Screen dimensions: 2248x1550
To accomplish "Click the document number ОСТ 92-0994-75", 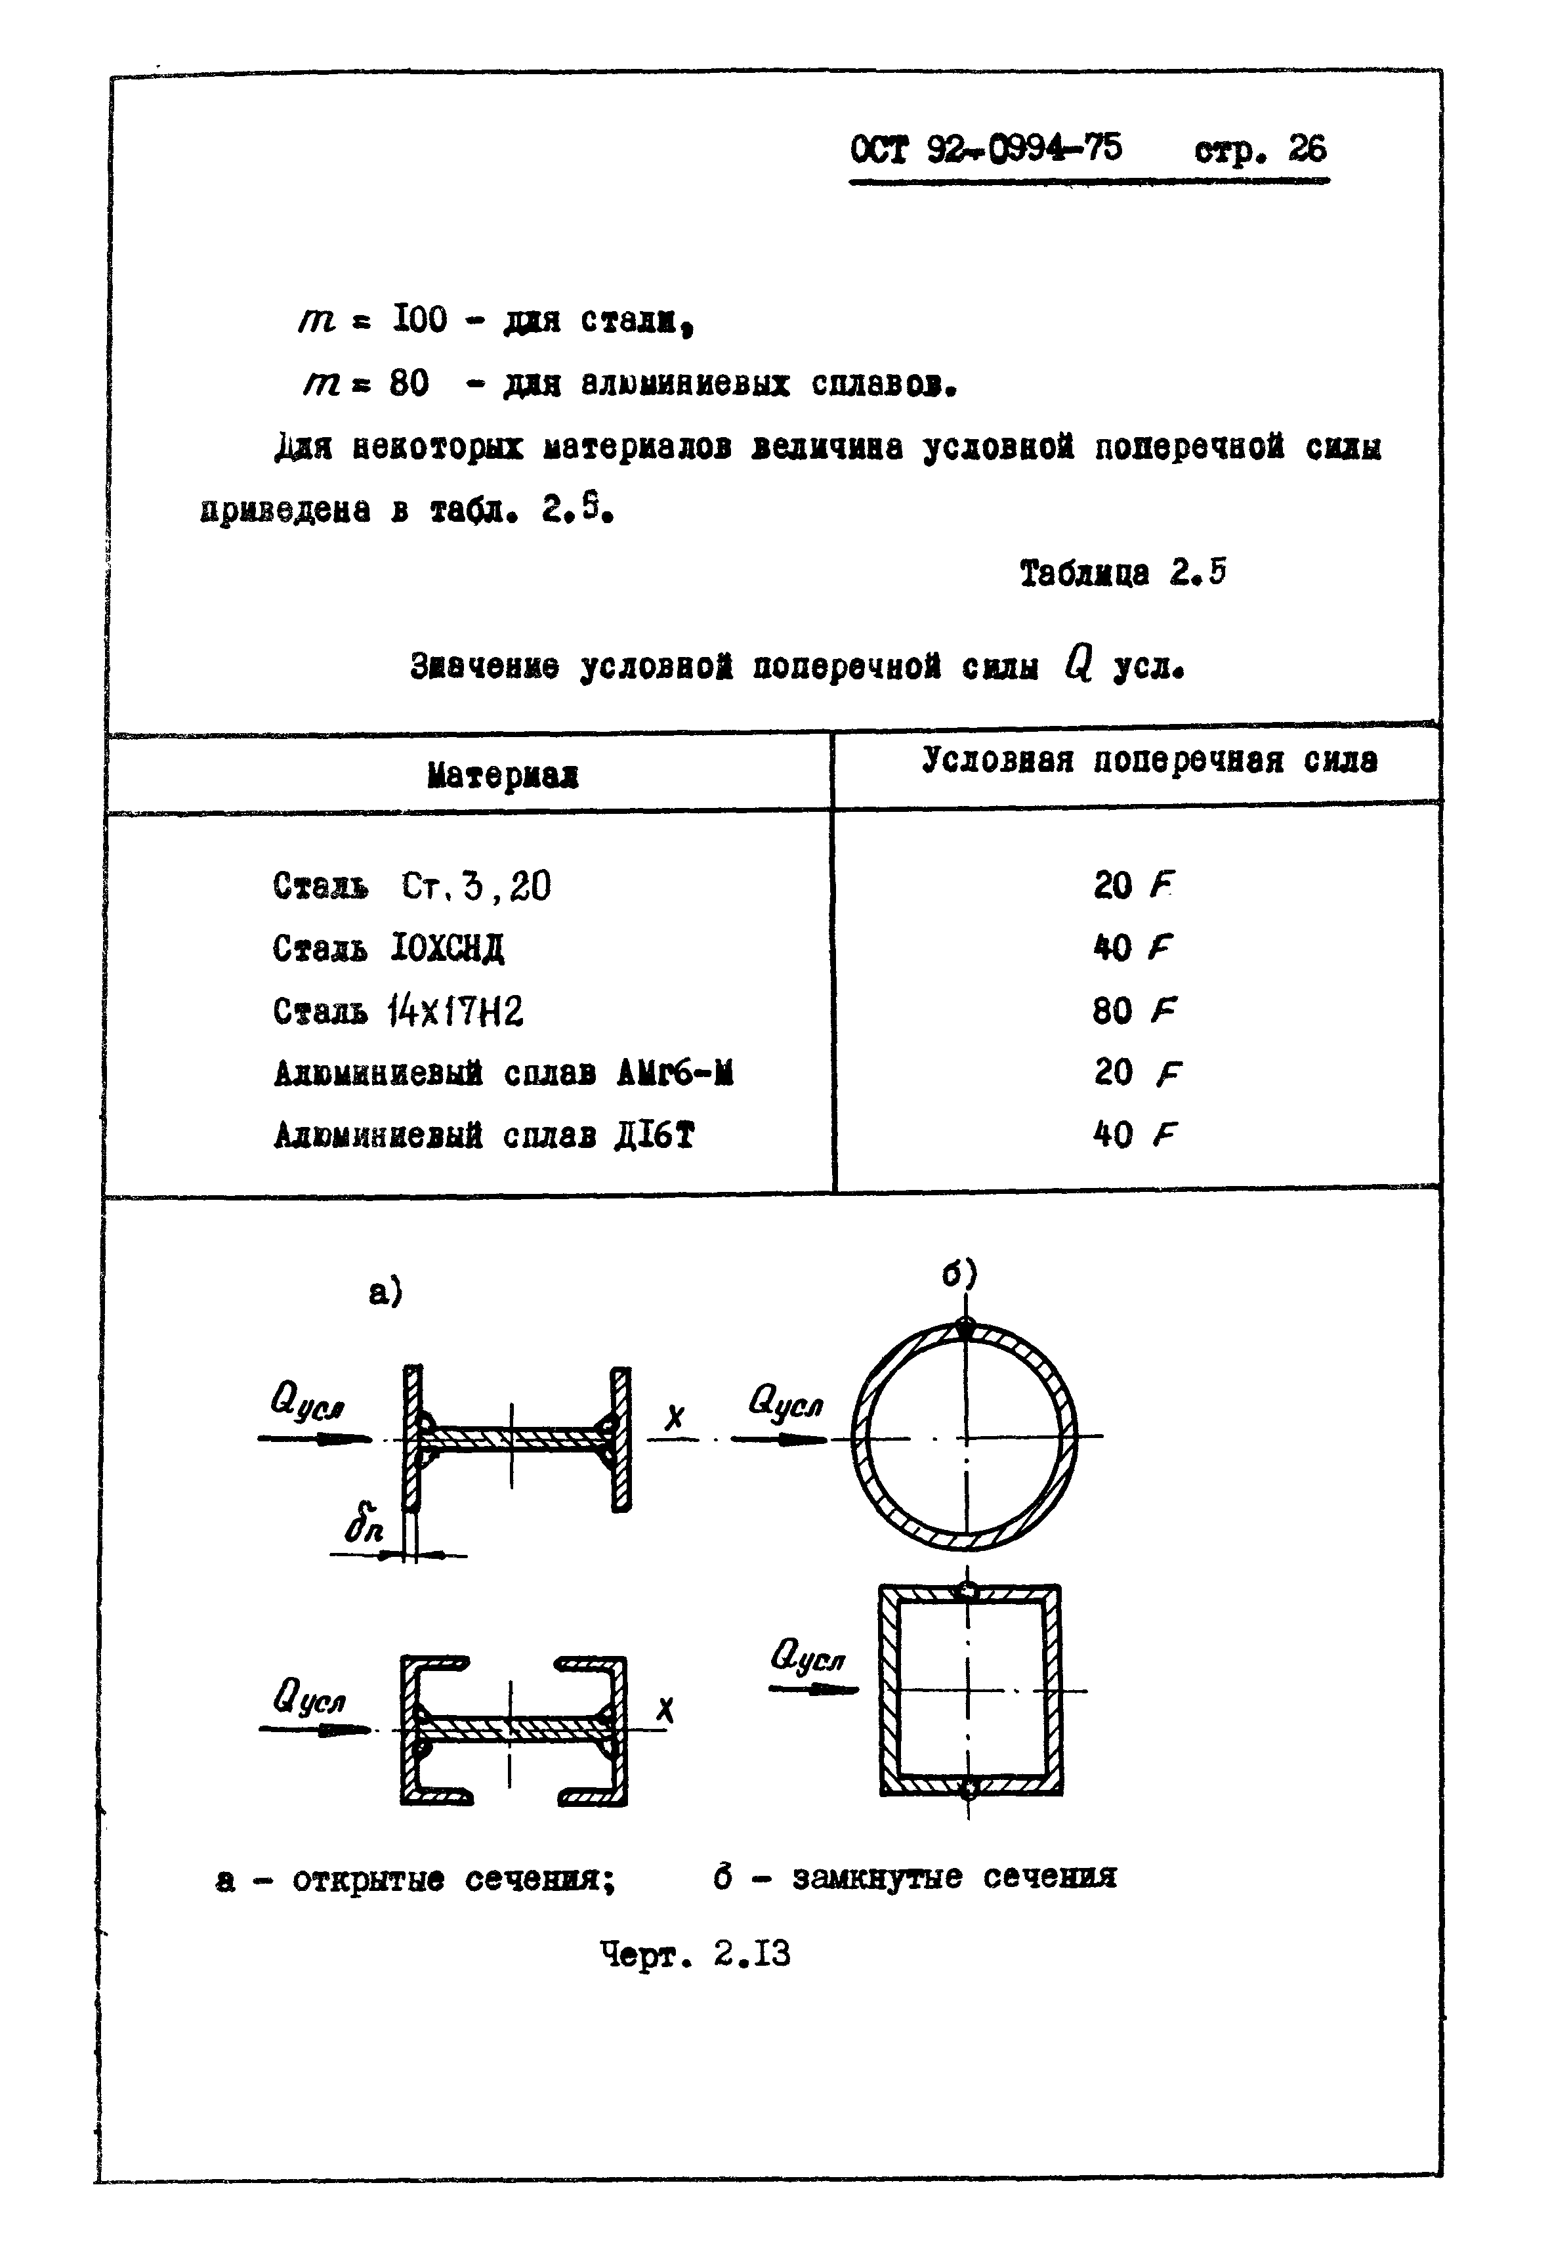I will [x=985, y=148].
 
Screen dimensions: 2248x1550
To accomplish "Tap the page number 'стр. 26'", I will [x=1259, y=148].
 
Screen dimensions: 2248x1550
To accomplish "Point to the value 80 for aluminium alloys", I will [x=409, y=384].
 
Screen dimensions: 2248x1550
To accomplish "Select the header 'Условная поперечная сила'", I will [x=1149, y=759].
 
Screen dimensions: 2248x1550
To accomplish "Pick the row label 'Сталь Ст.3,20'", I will [x=411, y=886].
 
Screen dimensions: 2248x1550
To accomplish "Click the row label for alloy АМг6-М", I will [x=503, y=1074].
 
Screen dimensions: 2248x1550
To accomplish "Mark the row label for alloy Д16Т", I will [x=484, y=1135].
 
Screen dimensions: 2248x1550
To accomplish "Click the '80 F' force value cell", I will [x=1133, y=1011].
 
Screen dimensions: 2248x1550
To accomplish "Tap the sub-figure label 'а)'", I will [x=386, y=1292].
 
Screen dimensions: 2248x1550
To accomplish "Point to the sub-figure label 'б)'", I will [x=959, y=1273].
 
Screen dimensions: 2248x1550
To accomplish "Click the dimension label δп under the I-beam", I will [x=364, y=1529].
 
